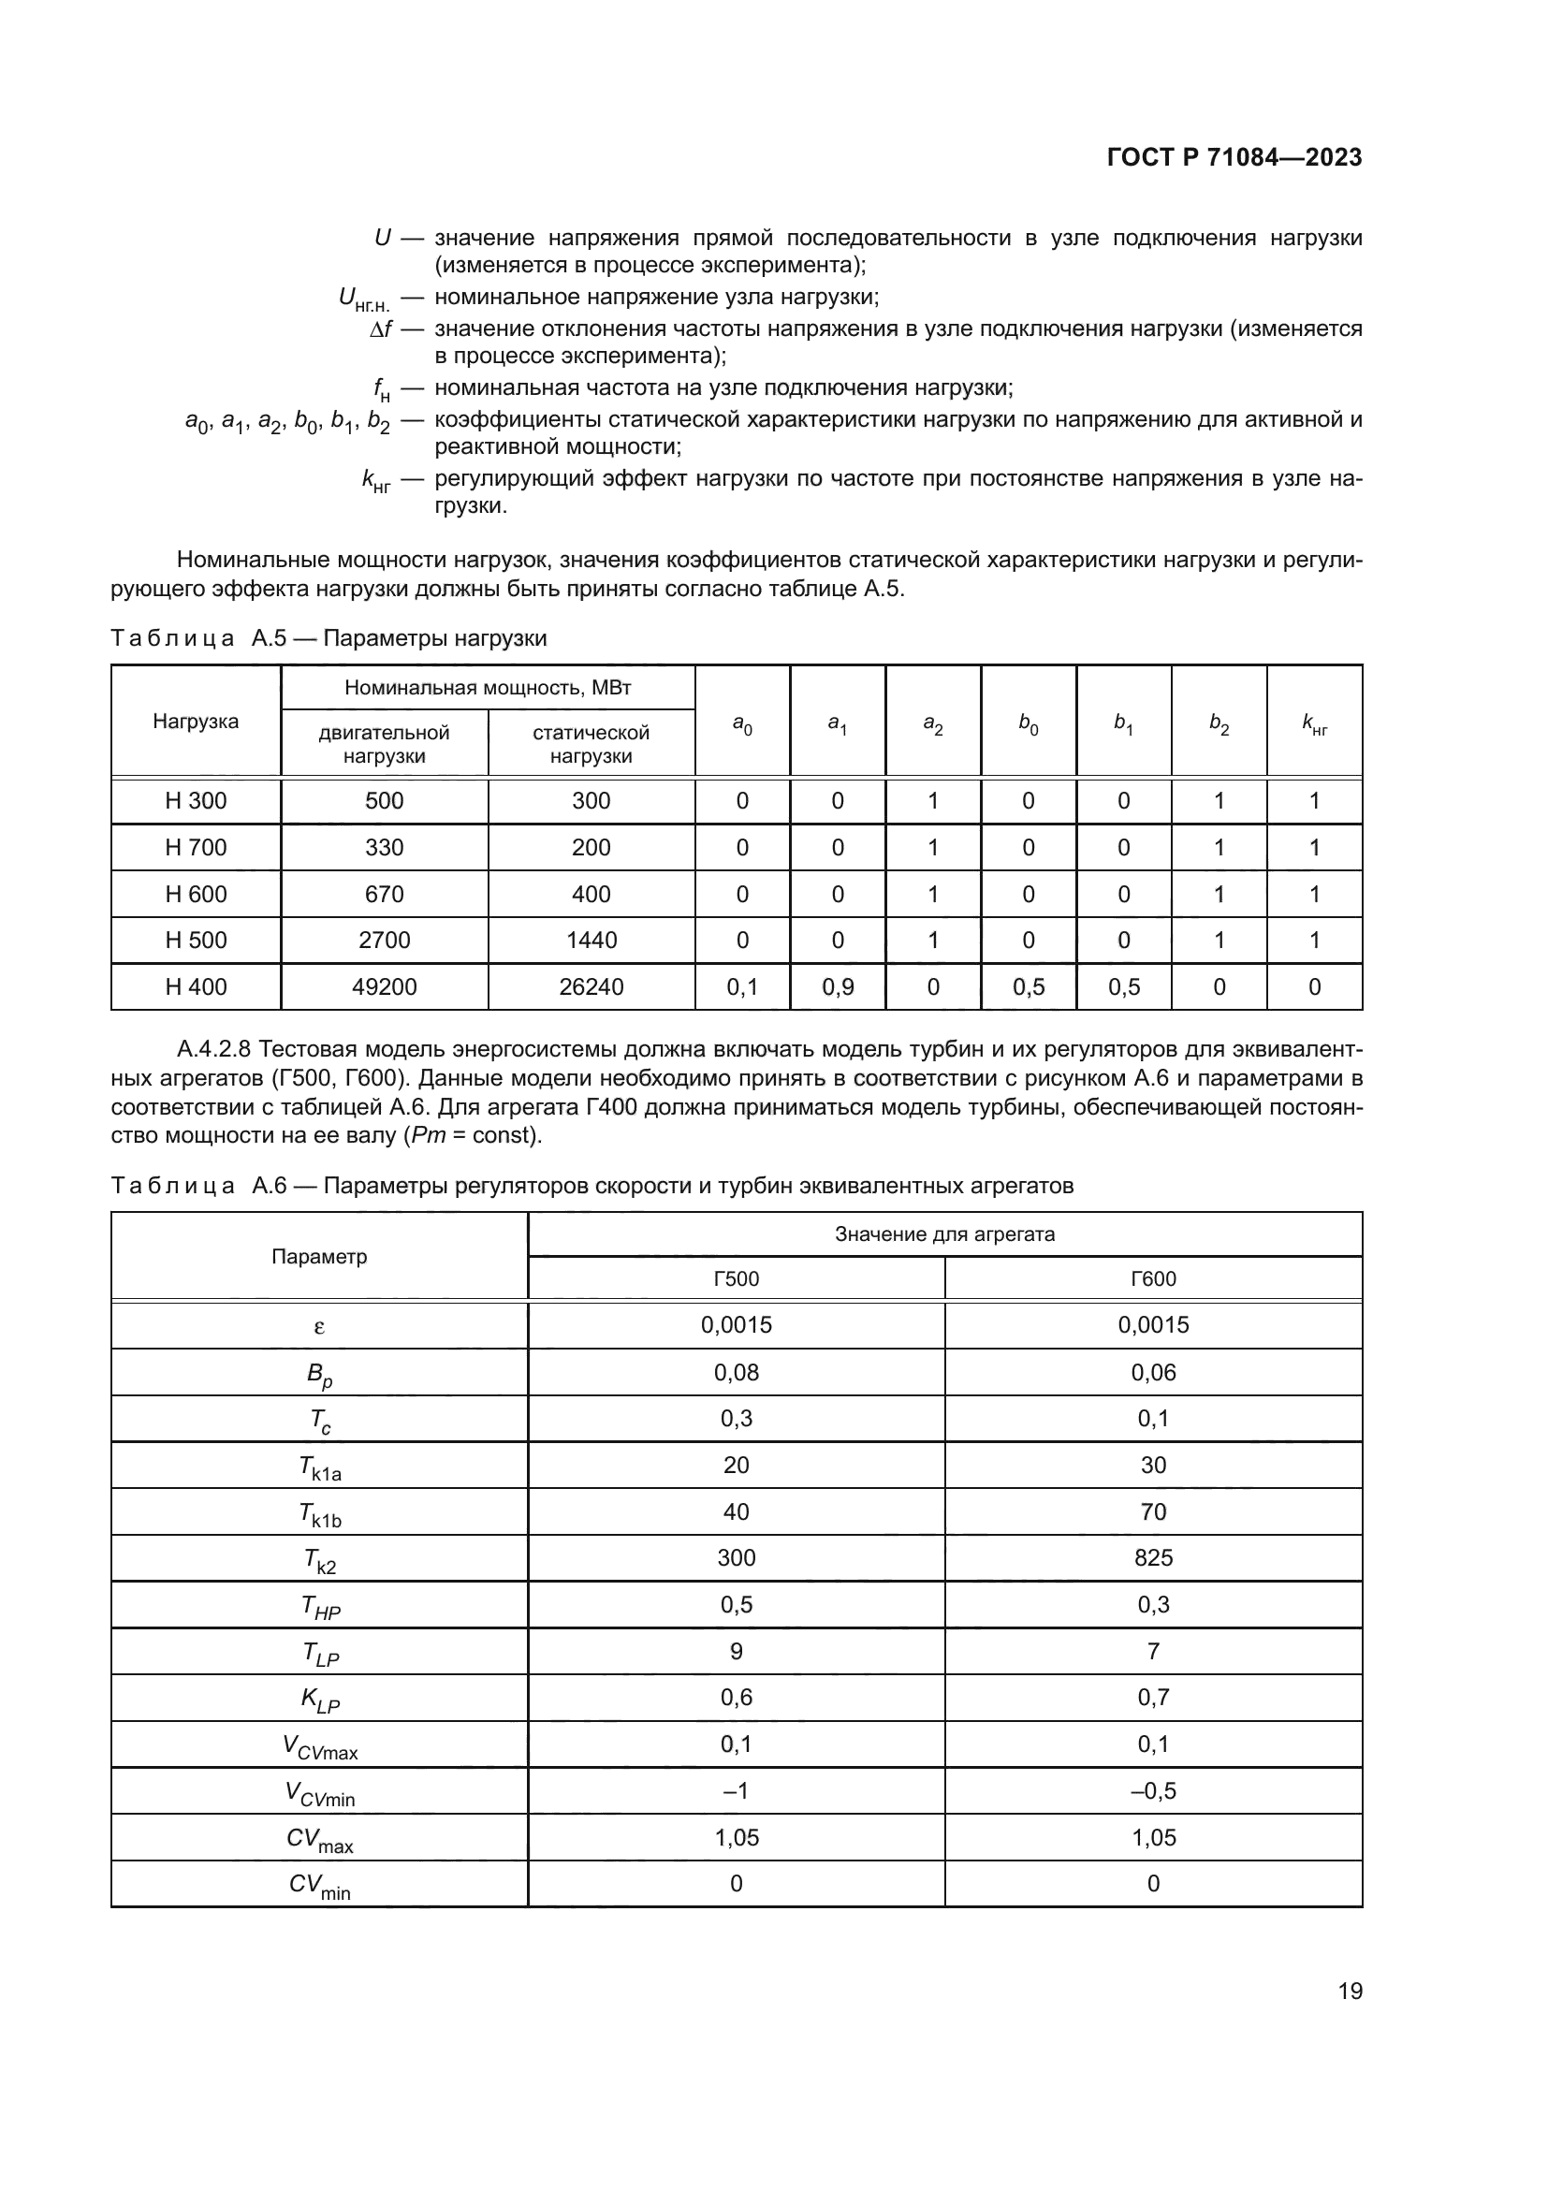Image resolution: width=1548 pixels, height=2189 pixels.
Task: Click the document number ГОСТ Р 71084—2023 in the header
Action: [1234, 157]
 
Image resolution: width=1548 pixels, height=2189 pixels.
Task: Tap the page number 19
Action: [1350, 1991]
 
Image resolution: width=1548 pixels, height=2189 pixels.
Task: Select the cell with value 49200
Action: [384, 986]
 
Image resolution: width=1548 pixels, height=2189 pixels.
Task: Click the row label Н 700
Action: [196, 848]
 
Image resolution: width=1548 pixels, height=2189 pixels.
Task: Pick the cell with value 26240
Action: [591, 986]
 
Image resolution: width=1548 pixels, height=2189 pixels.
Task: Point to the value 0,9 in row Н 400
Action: [838, 986]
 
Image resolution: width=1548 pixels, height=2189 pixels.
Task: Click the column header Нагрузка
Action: [196, 721]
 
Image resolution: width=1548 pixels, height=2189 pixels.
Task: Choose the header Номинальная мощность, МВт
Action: [487, 688]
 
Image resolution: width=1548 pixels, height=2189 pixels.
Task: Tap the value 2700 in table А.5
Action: [384, 940]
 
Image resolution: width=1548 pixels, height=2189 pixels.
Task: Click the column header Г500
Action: [736, 1278]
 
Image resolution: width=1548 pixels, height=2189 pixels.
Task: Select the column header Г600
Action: [1153, 1278]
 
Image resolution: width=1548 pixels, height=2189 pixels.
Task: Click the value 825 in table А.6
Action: [1153, 1558]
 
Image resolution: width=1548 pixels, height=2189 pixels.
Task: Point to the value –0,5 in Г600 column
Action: [1153, 1790]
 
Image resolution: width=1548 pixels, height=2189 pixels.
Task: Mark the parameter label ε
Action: [319, 1325]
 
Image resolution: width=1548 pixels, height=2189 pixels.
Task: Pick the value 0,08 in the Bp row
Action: [736, 1372]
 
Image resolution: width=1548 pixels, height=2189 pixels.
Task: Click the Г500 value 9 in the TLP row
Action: [736, 1650]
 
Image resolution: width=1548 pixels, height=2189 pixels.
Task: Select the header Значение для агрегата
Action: [944, 1233]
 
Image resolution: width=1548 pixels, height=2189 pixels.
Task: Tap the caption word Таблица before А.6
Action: [172, 1185]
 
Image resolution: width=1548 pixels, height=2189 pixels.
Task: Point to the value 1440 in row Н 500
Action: [591, 940]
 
